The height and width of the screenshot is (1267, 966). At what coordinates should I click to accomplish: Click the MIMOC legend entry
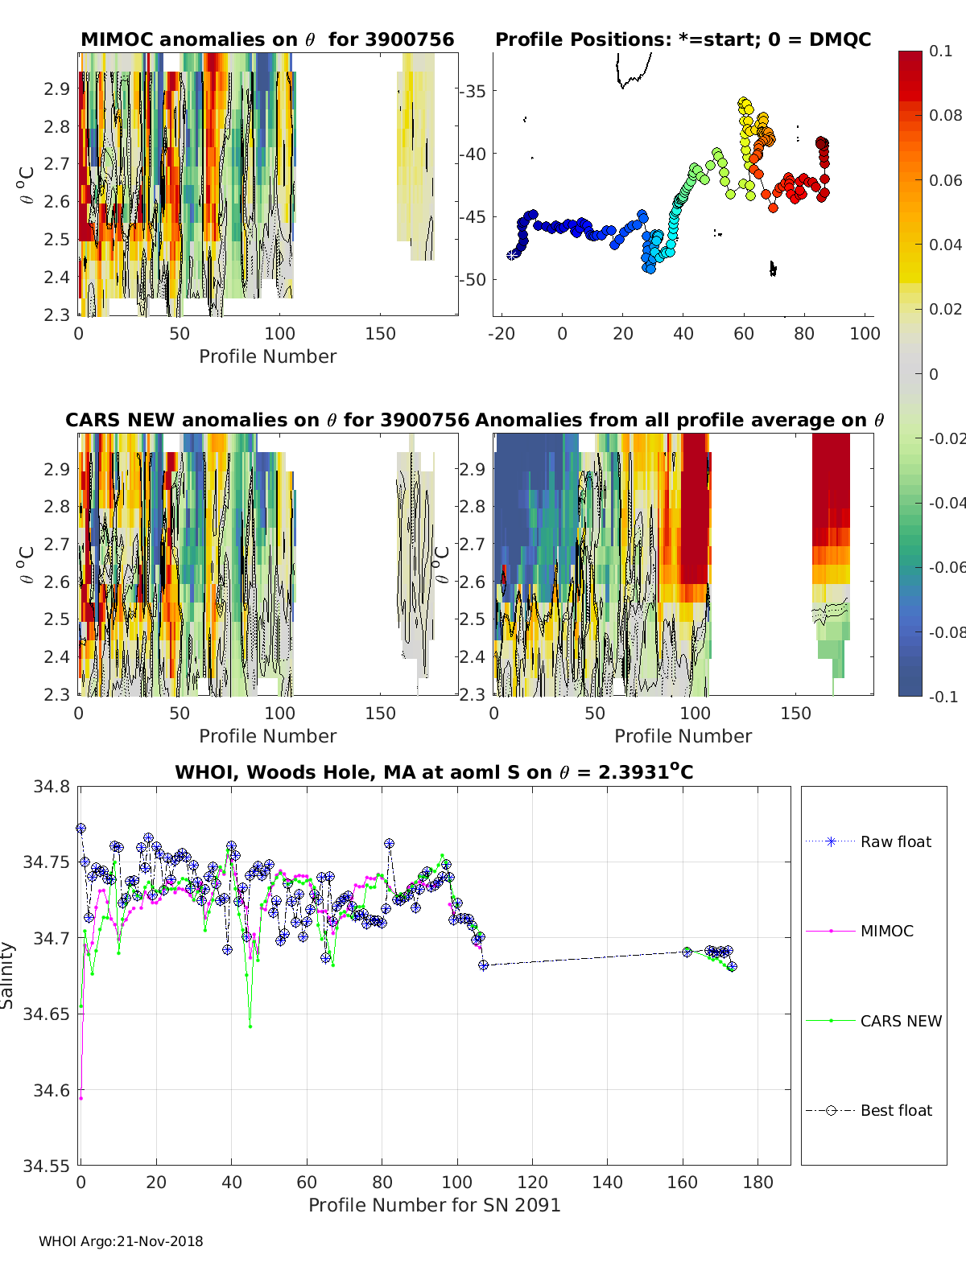886,931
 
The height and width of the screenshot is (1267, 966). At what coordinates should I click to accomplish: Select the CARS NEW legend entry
900,1021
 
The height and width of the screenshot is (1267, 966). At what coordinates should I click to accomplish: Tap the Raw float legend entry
895,841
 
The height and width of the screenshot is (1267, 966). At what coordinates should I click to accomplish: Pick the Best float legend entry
895,1110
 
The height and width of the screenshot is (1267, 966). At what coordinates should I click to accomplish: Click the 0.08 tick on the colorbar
945,115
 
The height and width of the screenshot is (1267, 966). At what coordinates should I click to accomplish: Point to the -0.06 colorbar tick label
945,567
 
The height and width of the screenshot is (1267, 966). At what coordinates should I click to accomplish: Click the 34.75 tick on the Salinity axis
50,862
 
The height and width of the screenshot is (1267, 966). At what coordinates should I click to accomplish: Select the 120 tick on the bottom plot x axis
532,1182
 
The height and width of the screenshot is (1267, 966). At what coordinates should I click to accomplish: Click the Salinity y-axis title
8,975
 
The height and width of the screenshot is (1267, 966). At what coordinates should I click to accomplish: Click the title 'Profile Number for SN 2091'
434,1205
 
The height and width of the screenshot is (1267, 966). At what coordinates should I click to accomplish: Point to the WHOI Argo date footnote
121,1241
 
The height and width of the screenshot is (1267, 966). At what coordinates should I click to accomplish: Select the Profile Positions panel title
683,39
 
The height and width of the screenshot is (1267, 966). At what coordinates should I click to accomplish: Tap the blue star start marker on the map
511,255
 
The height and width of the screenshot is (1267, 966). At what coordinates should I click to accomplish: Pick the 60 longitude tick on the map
744,333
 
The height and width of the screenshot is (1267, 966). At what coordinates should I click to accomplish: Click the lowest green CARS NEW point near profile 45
250,1026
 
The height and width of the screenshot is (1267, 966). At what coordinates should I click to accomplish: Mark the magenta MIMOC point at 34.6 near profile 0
81,1098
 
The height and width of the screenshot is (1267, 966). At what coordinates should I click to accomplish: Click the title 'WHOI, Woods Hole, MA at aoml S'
434,772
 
